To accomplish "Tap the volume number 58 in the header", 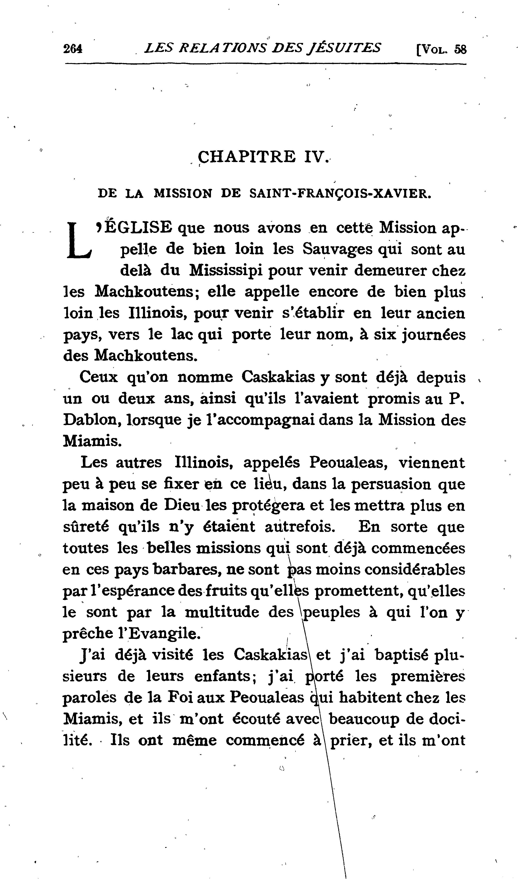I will [460, 49].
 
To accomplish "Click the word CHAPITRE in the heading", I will [246, 157].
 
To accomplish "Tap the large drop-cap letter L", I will [79, 241].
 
